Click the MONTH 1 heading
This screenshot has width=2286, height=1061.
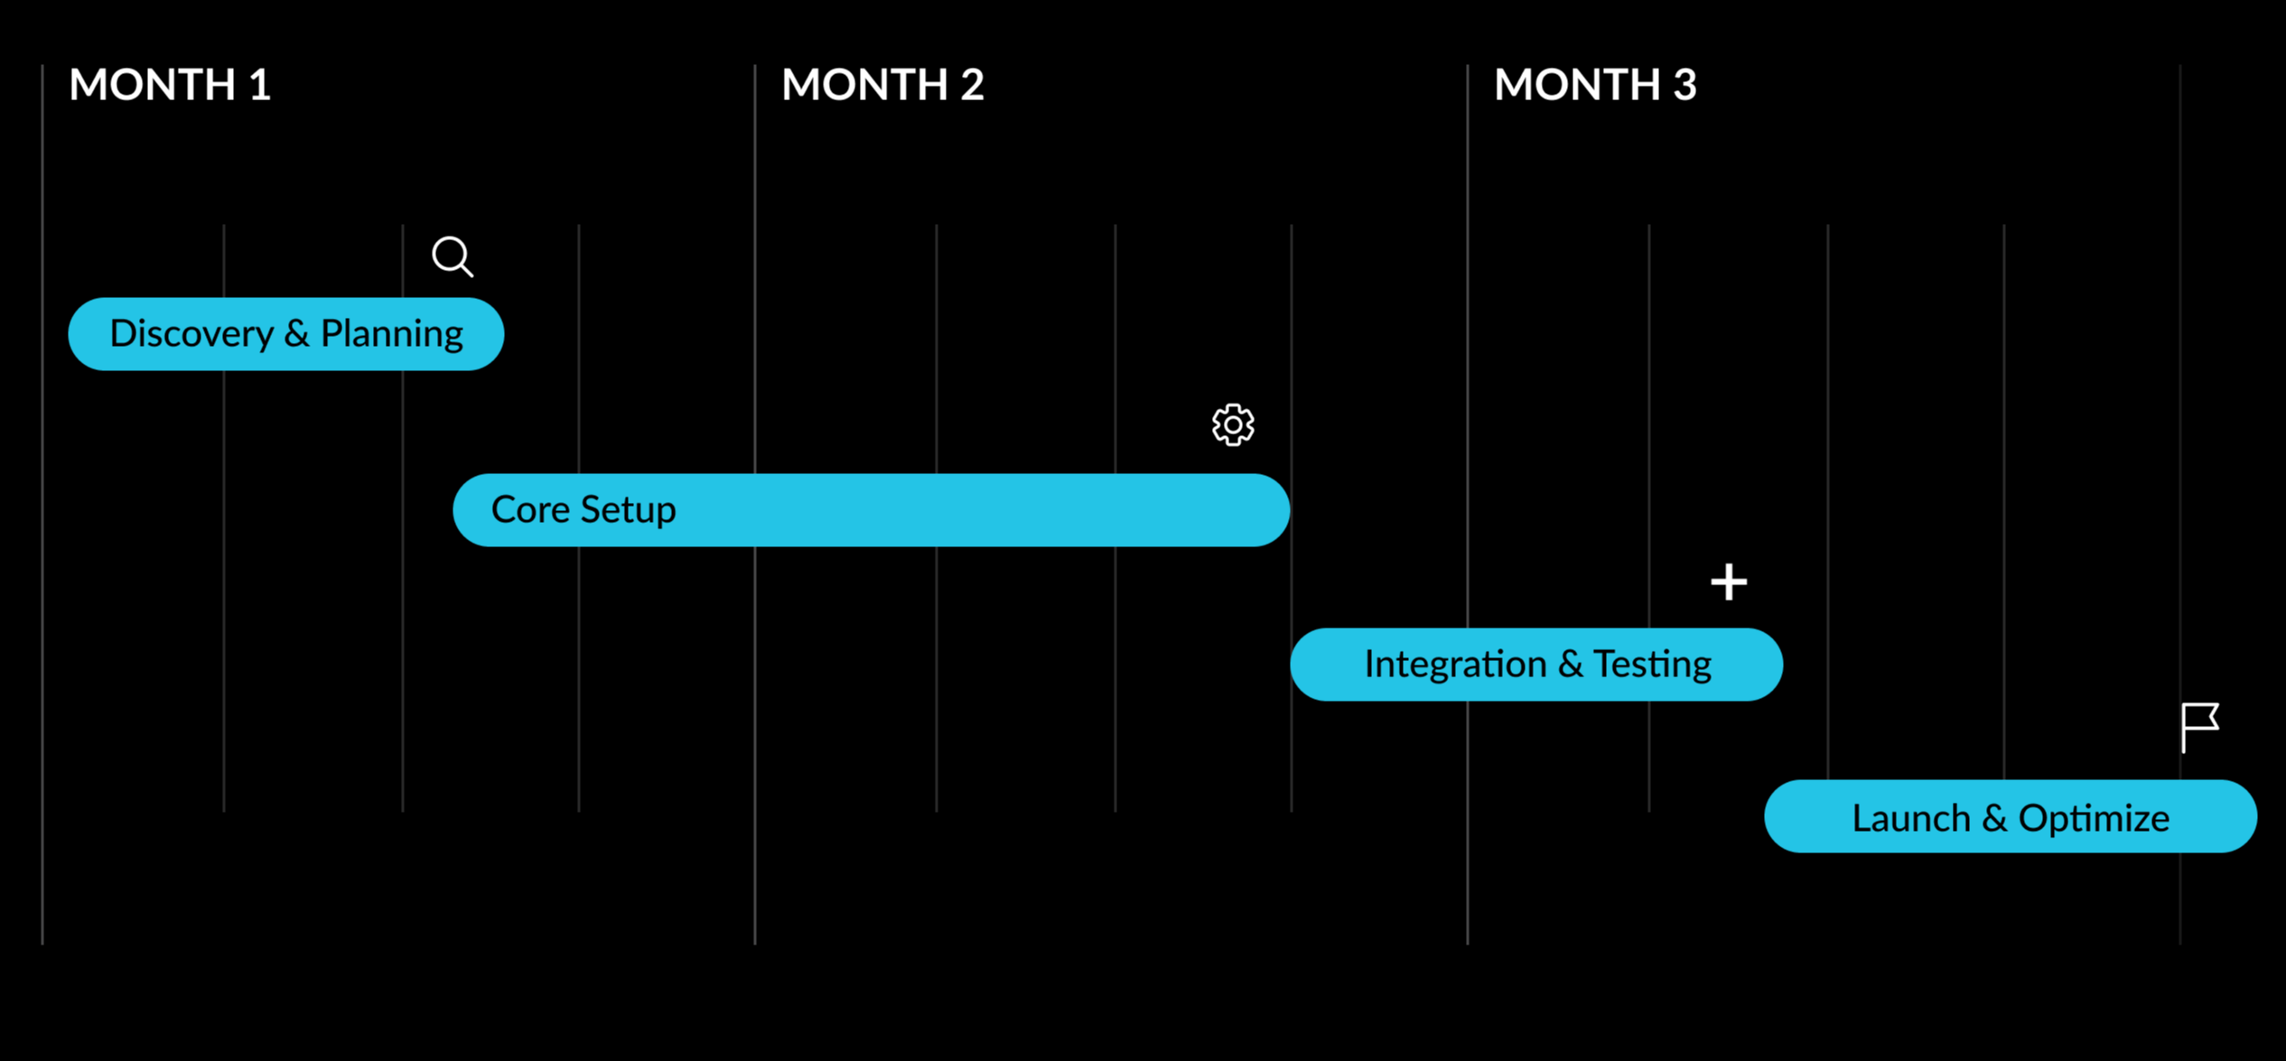tap(170, 85)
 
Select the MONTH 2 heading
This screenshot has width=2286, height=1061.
tap(882, 85)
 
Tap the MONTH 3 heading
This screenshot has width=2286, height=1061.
tap(1595, 85)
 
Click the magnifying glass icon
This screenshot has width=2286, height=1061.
tap(453, 256)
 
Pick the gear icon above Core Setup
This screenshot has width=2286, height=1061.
tap(1233, 424)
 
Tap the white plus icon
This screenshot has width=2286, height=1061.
tap(1729, 582)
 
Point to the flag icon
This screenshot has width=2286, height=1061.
tap(2199, 728)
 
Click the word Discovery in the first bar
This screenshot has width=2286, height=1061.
tap(191, 334)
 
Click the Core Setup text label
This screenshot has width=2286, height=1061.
tap(583, 510)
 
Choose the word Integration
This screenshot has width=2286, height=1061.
tap(1455, 665)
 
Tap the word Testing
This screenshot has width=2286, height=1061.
tap(1652, 665)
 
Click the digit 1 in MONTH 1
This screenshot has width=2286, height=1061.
tap(260, 85)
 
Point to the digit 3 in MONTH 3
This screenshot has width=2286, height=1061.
tap(1684, 85)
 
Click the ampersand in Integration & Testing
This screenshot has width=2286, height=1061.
tap(1570, 665)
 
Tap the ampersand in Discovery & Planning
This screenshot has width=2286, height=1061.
tap(297, 334)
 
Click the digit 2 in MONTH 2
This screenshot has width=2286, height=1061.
tap(973, 85)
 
